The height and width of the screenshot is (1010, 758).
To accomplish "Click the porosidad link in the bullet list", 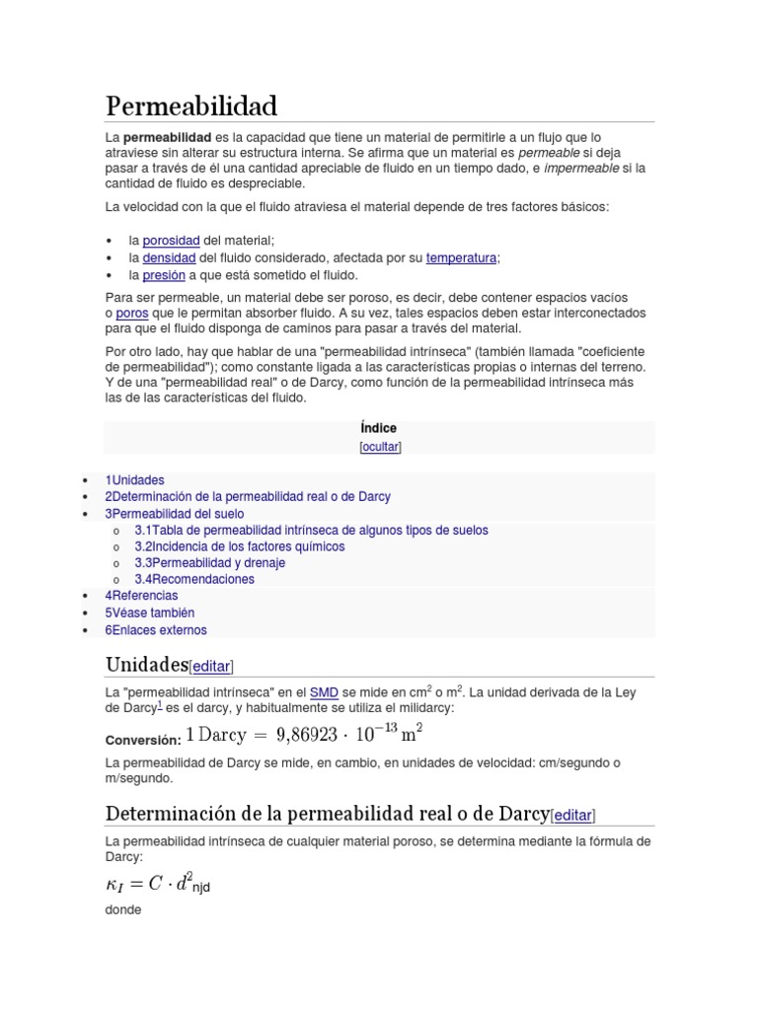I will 171,241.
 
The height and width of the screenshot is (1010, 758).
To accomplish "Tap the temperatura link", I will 461,257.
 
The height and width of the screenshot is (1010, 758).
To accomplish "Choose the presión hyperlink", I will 164,275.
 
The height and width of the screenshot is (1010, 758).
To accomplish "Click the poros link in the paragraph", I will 131,313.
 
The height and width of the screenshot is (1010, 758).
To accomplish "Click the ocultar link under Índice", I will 380,447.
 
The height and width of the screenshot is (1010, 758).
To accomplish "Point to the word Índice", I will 379,428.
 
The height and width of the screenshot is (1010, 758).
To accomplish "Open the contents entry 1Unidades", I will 134,479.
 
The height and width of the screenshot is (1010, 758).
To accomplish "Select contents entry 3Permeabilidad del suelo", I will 174,514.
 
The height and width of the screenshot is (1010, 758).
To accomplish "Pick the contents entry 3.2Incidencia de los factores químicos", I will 240,546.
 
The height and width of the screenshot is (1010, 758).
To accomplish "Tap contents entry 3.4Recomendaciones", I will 194,579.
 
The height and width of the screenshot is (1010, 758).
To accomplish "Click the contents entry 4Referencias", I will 141,596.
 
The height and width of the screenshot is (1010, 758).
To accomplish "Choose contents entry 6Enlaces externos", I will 156,630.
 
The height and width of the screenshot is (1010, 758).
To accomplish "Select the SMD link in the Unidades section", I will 324,691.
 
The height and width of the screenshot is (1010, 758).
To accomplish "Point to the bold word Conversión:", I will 142,740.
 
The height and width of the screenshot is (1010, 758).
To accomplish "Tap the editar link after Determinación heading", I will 573,815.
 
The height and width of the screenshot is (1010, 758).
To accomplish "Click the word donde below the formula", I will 123,909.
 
